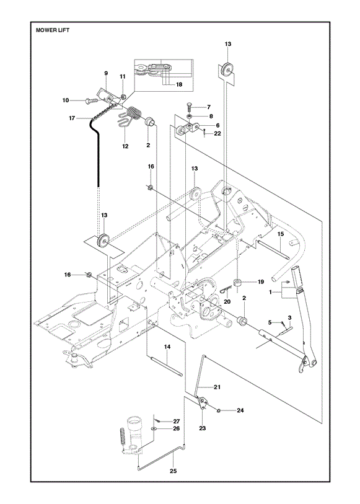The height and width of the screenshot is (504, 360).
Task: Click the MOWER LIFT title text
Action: (53, 30)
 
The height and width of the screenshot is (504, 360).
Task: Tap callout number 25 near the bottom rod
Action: (173, 471)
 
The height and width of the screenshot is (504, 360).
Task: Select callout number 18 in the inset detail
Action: (179, 84)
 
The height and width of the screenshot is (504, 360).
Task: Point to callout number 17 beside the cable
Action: (72, 118)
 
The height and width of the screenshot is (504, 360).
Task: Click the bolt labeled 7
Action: (189, 107)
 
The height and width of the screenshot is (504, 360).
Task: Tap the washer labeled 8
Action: (190, 116)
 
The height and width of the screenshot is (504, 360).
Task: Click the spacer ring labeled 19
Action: (239, 283)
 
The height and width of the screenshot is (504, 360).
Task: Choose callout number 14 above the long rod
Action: (167, 347)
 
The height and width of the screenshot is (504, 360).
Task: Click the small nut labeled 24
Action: (218, 410)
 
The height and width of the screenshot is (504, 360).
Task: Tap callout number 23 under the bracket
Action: (203, 428)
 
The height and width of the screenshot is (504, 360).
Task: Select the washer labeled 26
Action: (153, 428)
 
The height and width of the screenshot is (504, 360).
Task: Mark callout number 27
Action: (177, 421)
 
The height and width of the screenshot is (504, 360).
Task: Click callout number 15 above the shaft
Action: (281, 234)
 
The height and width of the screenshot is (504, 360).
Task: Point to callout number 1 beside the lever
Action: (270, 292)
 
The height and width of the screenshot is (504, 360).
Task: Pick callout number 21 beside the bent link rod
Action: (217, 387)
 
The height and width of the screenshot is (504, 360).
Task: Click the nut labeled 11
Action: (123, 95)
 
